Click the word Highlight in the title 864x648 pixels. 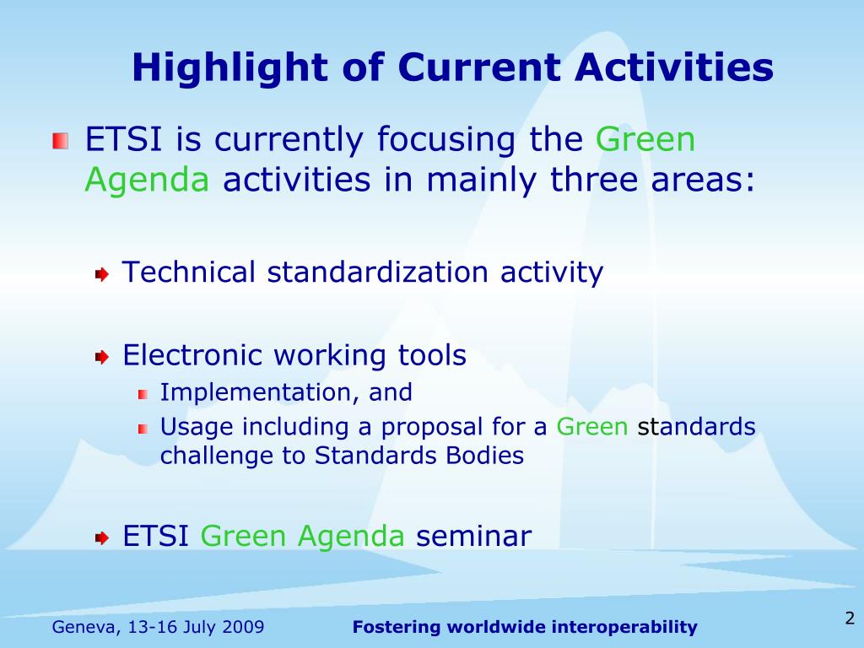[230, 68]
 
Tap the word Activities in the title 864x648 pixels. [674, 67]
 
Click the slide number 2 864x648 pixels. [850, 618]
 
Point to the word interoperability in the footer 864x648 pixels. [624, 627]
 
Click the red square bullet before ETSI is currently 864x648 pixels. [61, 141]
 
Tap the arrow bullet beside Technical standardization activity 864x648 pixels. [102, 274]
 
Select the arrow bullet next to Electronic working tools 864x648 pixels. [102, 357]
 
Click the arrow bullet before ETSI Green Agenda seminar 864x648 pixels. [102, 537]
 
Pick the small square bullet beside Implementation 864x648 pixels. [143, 394]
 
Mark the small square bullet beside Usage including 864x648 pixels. [143, 429]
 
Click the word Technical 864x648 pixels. [188, 272]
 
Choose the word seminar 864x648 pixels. [474, 536]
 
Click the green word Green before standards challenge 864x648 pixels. [591, 426]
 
